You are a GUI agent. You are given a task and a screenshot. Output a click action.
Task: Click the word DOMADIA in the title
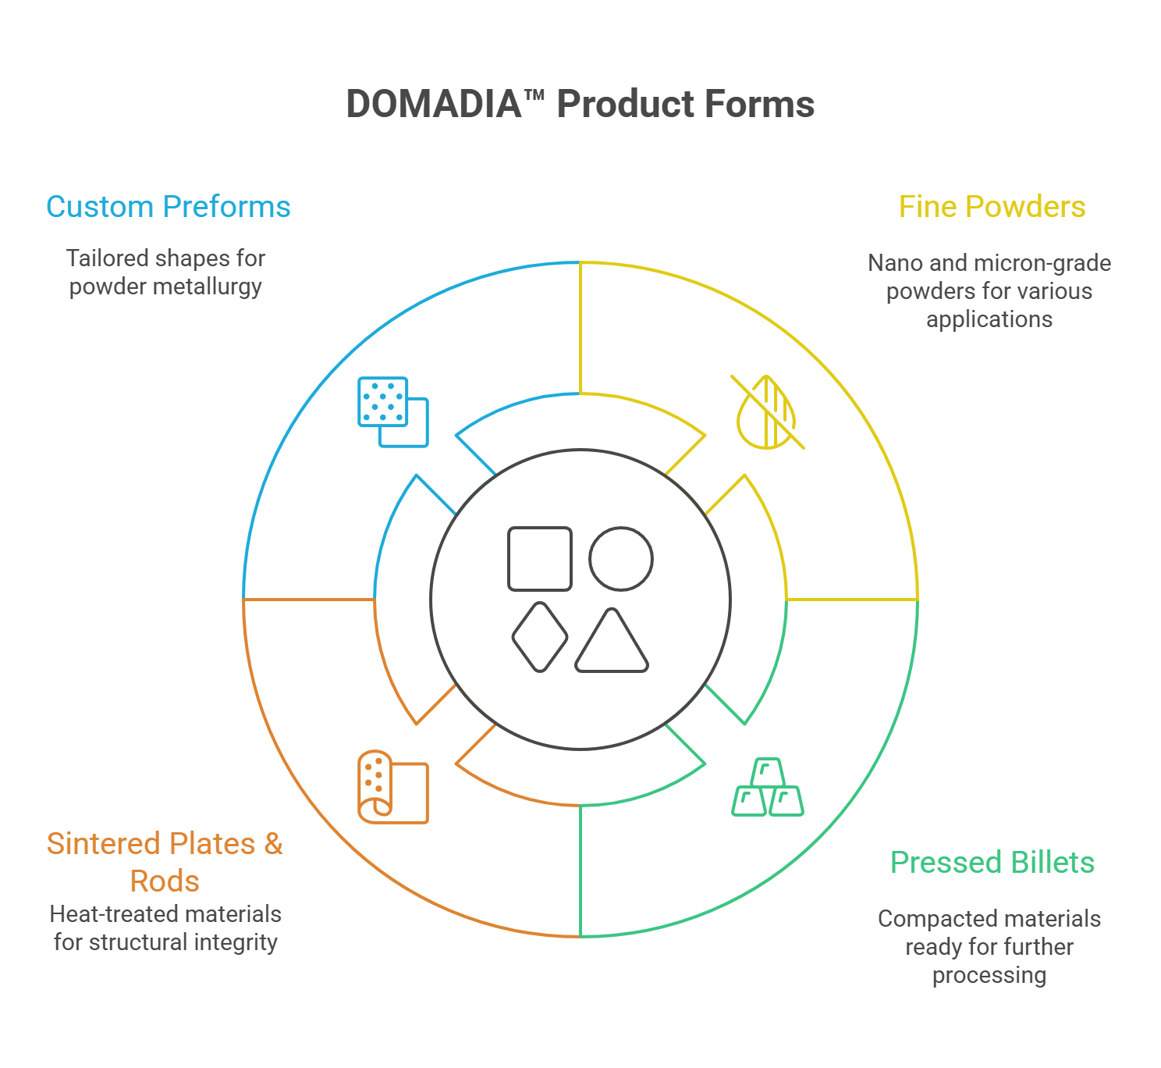(x=433, y=105)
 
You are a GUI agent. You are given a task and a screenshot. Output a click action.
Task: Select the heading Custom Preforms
(x=168, y=207)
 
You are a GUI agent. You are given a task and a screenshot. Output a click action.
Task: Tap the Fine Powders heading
(x=992, y=207)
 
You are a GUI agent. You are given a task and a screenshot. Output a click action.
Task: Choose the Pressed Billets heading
(x=992, y=863)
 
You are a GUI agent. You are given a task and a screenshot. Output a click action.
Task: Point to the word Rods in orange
(x=165, y=881)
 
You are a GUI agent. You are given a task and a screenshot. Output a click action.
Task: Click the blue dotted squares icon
(x=392, y=411)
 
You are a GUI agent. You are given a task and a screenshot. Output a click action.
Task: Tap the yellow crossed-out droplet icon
(x=769, y=412)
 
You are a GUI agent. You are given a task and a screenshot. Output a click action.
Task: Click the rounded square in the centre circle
(x=540, y=558)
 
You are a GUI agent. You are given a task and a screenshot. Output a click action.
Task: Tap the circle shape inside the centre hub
(x=620, y=558)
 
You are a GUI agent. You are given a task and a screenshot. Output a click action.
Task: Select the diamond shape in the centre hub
(x=539, y=637)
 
